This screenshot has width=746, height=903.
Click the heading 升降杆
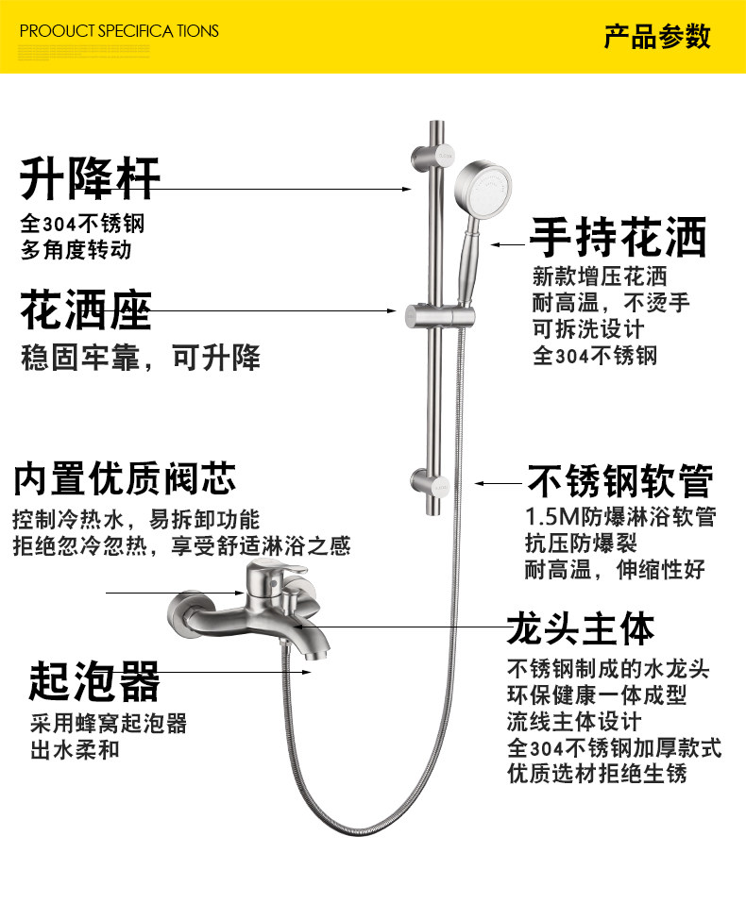[x=91, y=177]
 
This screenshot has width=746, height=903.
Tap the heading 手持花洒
[x=618, y=238]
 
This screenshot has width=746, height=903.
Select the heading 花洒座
[x=86, y=309]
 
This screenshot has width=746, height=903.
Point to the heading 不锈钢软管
[x=619, y=480]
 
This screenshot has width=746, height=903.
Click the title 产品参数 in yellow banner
[x=657, y=38]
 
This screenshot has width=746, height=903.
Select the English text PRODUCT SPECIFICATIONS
[x=119, y=31]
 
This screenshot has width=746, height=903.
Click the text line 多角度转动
[x=76, y=251]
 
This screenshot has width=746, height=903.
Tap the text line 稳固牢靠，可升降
[x=141, y=359]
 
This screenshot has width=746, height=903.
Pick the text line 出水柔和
[x=75, y=750]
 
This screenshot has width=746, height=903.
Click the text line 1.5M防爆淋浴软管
[x=620, y=518]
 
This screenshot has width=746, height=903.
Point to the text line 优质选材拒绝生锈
[x=597, y=774]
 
